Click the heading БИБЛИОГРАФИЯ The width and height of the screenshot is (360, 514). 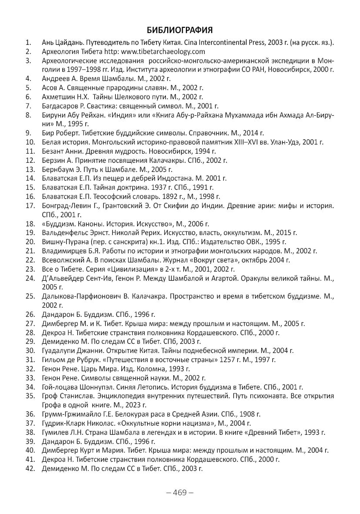pyautogui.click(x=180, y=30)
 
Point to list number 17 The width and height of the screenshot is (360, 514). pyautogui.click(x=30, y=205)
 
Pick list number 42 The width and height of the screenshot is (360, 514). pyautogui.click(x=30, y=468)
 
